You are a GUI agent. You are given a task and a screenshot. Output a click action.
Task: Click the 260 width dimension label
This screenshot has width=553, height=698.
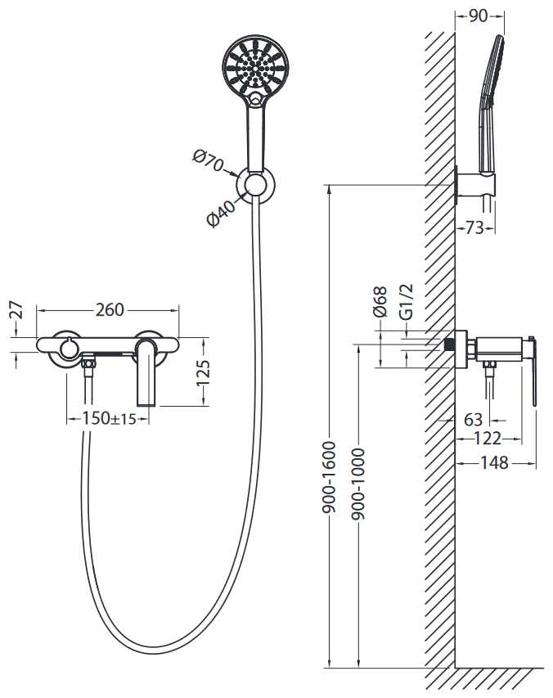click(110, 309)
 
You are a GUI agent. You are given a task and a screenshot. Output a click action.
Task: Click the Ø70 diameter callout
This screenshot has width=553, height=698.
click(209, 161)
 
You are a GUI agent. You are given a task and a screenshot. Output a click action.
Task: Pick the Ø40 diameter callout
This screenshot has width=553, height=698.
click(222, 214)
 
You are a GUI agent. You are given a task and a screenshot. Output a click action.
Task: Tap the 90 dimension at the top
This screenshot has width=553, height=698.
click(479, 16)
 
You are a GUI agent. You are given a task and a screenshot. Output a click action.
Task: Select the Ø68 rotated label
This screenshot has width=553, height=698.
click(380, 302)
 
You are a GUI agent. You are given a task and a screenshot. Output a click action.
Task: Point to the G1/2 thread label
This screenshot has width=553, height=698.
click(405, 301)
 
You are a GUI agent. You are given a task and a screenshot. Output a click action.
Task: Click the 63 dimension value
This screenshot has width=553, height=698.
click(473, 420)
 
